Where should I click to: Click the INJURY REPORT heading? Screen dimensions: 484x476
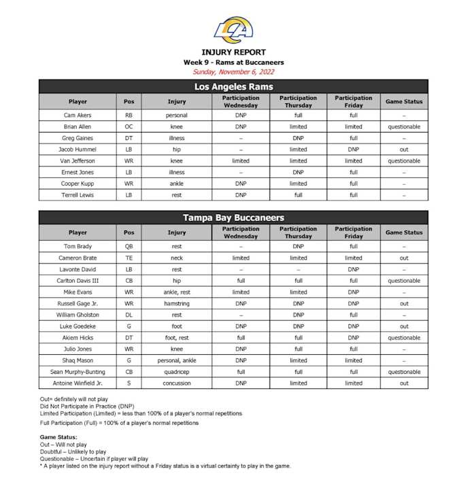pos(233,52)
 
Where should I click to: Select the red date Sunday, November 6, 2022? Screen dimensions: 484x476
pos(233,71)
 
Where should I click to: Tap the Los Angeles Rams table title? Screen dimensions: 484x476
pos(233,86)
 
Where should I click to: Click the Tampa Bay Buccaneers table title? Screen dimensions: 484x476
pos(233,218)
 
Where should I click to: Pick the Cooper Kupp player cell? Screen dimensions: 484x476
pos(78,184)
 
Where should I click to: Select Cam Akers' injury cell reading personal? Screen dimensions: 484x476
pos(177,115)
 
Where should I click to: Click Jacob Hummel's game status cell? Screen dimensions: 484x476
pos(404,150)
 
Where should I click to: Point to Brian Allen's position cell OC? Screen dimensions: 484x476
pos(129,126)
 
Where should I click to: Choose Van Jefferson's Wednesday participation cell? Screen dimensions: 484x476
pos(240,161)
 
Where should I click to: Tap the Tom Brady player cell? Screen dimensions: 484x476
pos(78,246)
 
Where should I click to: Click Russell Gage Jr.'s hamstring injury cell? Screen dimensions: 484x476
pos(177,303)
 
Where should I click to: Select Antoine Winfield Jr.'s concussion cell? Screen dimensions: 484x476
pos(177,383)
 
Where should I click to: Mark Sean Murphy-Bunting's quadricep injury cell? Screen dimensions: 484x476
pos(177,372)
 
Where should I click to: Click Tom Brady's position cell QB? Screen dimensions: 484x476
pos(129,246)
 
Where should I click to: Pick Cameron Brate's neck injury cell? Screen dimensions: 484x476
pos(177,258)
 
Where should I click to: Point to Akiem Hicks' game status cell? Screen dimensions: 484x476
pos(404,338)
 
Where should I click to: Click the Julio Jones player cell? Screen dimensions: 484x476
pos(78,349)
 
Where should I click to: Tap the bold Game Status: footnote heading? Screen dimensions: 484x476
pos(58,437)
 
